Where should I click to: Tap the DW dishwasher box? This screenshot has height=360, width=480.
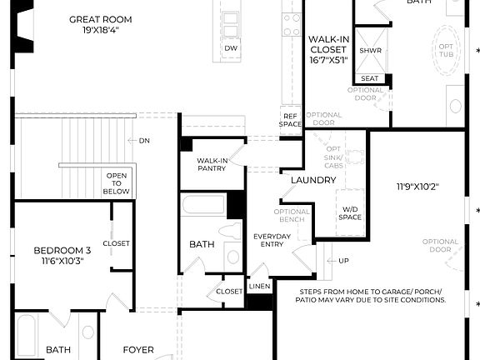click(231, 48)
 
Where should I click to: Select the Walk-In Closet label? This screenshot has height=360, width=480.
click(327, 48)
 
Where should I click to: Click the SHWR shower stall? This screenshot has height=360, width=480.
click(370, 50)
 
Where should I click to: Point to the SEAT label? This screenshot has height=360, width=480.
click(370, 78)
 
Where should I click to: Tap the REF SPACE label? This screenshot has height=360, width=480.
click(290, 120)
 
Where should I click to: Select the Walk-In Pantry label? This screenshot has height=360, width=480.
click(212, 163)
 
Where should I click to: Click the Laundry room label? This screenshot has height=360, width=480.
click(312, 180)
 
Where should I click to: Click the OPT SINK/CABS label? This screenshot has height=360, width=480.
click(334, 154)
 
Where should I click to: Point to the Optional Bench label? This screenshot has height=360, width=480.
click(292, 216)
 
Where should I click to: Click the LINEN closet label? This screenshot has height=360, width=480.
click(259, 287)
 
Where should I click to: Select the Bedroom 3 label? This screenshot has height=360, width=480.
click(62, 255)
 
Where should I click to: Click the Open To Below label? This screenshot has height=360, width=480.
click(117, 183)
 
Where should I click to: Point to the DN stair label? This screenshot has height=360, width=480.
click(144, 140)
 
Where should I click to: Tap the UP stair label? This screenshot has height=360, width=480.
click(343, 261)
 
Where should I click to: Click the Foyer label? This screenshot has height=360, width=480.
click(138, 350)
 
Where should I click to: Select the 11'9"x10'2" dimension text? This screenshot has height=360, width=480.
click(421, 187)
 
